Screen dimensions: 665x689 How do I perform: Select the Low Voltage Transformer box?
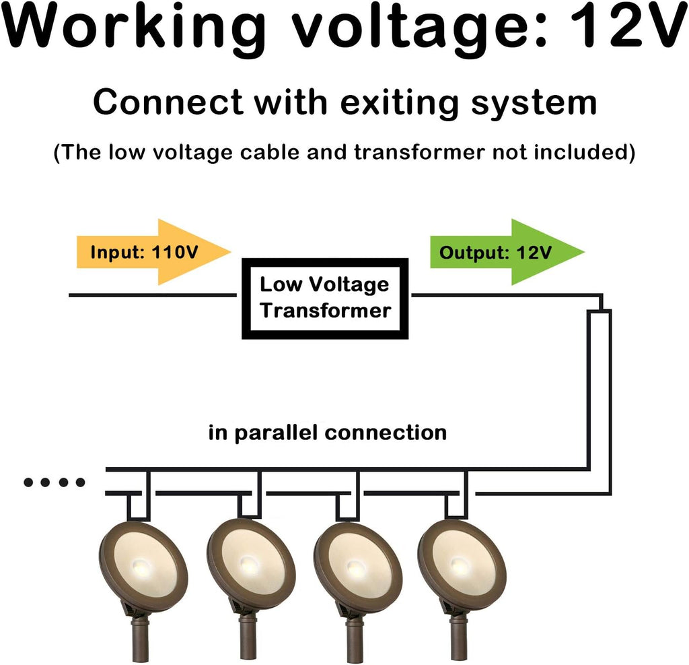[x=325, y=298]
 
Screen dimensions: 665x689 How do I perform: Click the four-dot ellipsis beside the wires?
[x=54, y=482]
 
